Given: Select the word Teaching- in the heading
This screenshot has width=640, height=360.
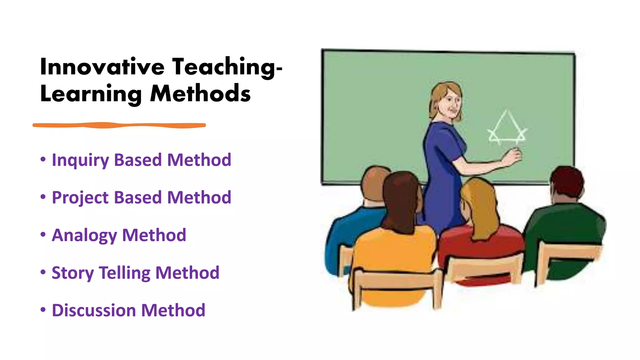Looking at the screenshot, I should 227,67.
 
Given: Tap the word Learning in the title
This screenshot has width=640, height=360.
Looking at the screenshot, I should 91,94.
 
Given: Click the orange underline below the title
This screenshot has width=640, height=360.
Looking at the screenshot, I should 119,125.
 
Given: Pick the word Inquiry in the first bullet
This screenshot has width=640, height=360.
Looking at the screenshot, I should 80,160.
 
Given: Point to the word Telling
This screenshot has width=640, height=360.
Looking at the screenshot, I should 125,273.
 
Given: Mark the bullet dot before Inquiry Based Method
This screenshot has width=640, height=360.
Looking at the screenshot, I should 43,159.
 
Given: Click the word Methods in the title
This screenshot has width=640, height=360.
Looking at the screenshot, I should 200,94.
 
